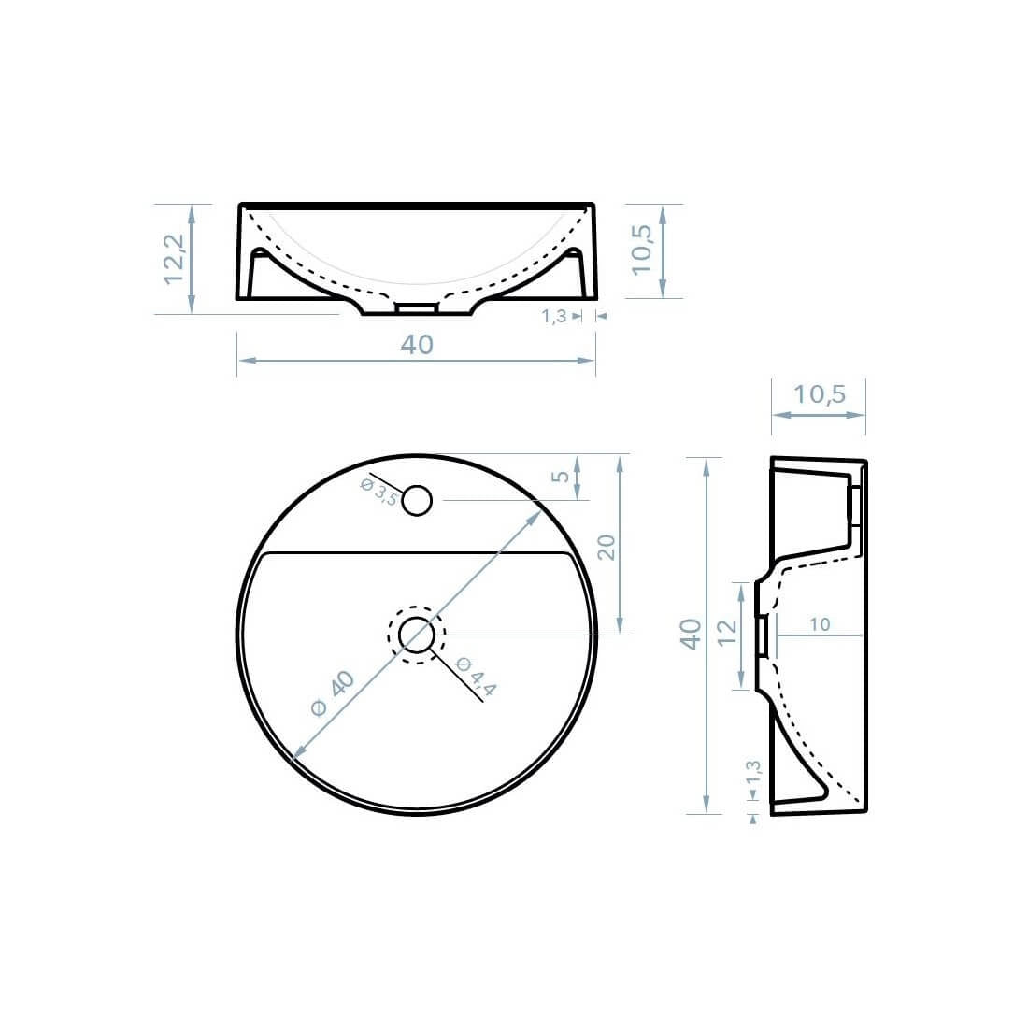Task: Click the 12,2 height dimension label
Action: (175, 258)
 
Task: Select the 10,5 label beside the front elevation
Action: (642, 250)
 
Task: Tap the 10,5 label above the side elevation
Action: (819, 394)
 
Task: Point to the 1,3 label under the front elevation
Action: (554, 317)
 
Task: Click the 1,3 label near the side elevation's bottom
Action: (753, 775)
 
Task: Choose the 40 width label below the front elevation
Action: (417, 345)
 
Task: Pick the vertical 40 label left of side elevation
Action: (691, 635)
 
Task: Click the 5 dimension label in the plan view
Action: (561, 477)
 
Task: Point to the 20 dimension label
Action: (606, 547)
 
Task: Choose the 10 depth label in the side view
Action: (820, 624)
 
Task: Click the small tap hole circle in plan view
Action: (418, 501)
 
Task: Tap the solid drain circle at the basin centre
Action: (417, 635)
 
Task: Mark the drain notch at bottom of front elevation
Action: (417, 307)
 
